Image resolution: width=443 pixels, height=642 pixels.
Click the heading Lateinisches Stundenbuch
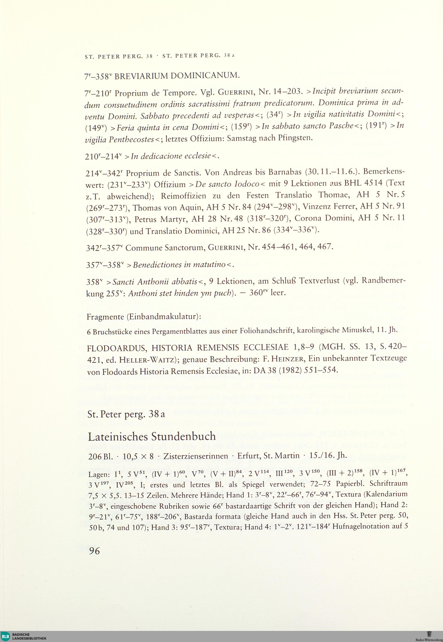(x=152, y=436)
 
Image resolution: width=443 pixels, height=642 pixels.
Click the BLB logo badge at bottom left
(x=6, y=636)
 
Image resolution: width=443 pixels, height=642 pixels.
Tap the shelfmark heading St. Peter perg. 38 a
(x=126, y=414)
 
